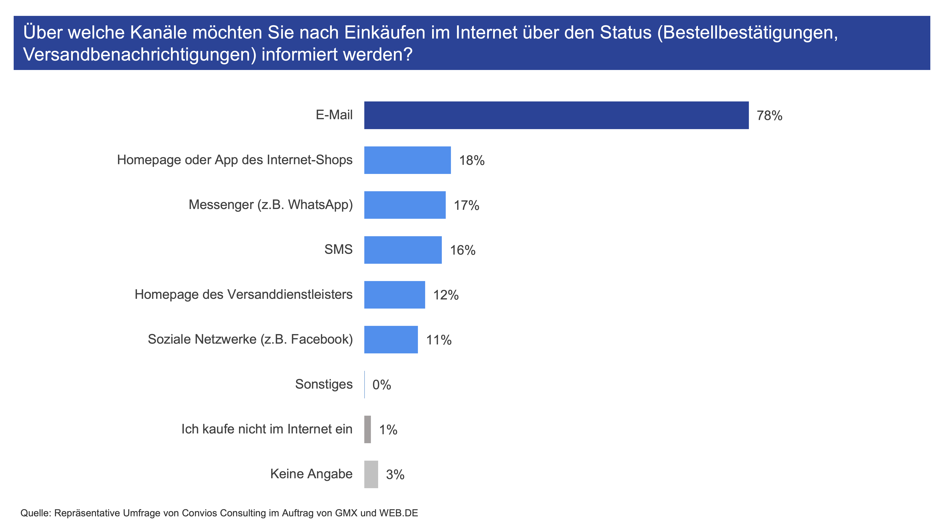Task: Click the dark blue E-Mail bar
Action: tap(556, 115)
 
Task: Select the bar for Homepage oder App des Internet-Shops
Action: tap(408, 160)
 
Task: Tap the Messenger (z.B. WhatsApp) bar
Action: tap(405, 205)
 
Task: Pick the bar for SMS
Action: tap(403, 250)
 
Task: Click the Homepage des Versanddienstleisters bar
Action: tap(395, 295)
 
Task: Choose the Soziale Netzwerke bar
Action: tap(391, 339)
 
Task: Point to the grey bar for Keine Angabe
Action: tap(371, 474)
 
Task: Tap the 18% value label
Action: tap(472, 161)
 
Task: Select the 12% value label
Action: tap(446, 295)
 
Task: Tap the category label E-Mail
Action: tap(334, 115)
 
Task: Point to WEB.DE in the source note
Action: tap(399, 513)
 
